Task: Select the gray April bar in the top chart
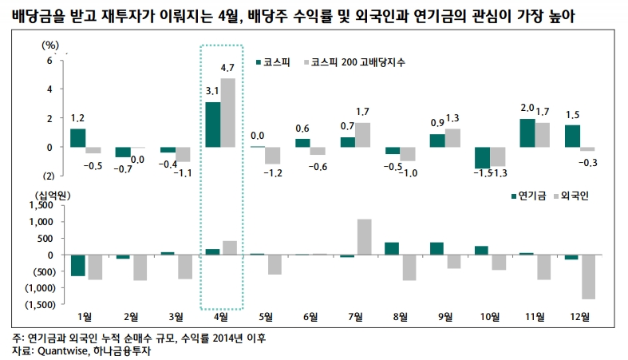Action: tap(228, 113)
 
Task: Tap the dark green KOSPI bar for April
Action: tap(213, 125)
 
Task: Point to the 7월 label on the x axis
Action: tap(356, 315)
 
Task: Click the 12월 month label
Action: tap(581, 315)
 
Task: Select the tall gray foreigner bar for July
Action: tap(364, 236)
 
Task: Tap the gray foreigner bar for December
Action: tap(589, 277)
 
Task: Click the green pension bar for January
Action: tap(77, 265)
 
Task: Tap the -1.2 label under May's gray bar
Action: tap(274, 172)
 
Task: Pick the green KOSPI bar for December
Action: tap(573, 136)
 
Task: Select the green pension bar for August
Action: tap(393, 248)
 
